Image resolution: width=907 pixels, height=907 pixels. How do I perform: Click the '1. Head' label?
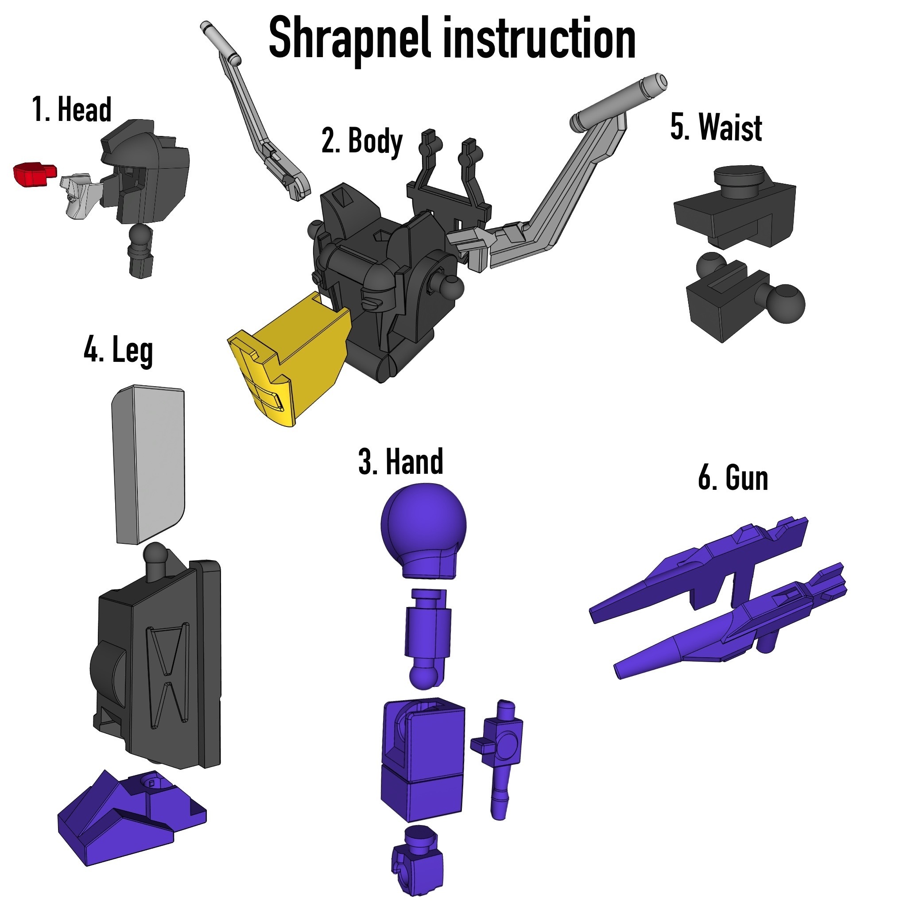[72, 109]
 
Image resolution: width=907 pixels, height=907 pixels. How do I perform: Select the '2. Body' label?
[362, 141]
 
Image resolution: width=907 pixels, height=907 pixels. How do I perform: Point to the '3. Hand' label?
[400, 461]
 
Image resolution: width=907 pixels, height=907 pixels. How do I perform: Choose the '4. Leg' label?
[118, 351]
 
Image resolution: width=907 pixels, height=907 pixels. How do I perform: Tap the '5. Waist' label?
[716, 127]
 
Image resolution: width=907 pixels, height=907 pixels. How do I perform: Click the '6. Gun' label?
[733, 478]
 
